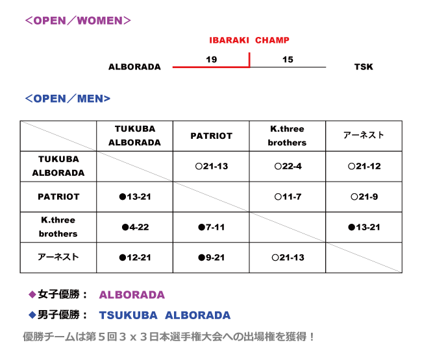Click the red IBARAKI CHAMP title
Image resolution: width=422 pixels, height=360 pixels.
point(249,40)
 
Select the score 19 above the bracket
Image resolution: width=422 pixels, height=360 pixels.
point(211,60)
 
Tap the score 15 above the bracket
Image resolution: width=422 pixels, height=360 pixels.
point(288,60)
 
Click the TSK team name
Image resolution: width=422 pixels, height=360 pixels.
point(364,67)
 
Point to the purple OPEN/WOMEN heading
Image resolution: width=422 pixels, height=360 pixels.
point(78,21)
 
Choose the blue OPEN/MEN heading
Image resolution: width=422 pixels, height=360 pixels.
point(68,99)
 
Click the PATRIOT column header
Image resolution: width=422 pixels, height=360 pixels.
point(211,136)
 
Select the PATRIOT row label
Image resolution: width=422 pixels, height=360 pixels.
point(58,197)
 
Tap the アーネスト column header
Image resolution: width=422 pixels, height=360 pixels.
point(364,135)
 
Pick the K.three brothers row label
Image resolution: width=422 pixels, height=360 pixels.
point(58,227)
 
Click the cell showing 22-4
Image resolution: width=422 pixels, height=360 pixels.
point(288,167)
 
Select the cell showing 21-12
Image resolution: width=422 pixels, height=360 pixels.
point(364,167)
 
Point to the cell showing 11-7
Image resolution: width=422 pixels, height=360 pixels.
point(288,197)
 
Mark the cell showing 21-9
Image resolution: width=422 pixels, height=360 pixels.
point(364,197)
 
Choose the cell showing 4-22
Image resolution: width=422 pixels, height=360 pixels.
point(135,227)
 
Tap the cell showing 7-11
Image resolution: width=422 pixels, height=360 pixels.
point(211,227)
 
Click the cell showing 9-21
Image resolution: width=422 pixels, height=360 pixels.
point(211,258)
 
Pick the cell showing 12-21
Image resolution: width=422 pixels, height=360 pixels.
point(135,258)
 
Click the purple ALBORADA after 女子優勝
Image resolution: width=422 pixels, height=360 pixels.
point(132,295)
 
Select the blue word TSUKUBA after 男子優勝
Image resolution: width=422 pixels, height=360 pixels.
point(129,315)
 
